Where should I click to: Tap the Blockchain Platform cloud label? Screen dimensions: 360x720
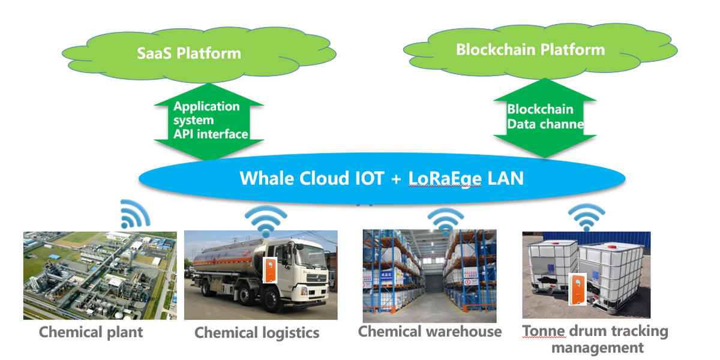[530, 49]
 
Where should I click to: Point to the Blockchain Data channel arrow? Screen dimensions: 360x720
[544, 117]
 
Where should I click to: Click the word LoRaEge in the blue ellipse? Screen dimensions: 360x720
[445, 179]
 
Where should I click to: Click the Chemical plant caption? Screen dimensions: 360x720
[91, 332]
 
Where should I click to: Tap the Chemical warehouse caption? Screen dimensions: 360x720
[430, 331]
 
